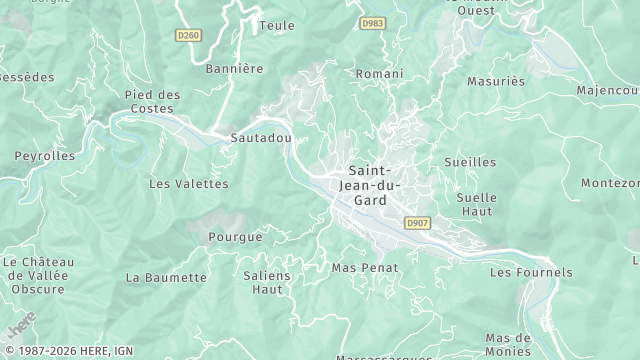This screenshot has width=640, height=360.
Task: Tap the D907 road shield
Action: [418, 223]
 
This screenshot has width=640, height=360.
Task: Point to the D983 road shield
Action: [373, 23]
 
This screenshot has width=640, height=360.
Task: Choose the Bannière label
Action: [233, 69]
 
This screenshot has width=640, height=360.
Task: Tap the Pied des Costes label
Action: [153, 101]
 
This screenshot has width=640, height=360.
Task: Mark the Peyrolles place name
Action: [44, 156]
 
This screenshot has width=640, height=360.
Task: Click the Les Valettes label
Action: [188, 184]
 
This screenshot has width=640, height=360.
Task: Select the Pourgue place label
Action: [235, 237]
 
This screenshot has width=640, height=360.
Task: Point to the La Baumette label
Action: [166, 276]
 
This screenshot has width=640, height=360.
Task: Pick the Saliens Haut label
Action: [267, 282]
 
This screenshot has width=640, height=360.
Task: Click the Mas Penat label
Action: [365, 268]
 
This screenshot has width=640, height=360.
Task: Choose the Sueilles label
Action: [469, 161]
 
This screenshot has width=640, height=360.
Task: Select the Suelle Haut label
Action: [475, 204]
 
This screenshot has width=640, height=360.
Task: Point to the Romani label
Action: [380, 74]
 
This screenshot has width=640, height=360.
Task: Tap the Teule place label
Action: [276, 25]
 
